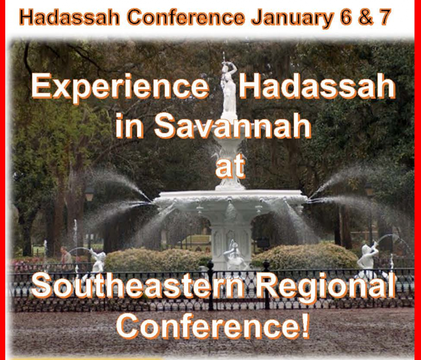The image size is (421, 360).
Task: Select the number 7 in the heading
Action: pyautogui.click(x=383, y=17)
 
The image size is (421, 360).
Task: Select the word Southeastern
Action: pyautogui.click(x=135, y=287)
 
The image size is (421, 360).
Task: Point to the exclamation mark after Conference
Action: pyautogui.click(x=304, y=325)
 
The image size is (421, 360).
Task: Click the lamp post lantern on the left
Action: pyautogui.click(x=89, y=194)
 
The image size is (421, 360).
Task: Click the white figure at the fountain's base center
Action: pyautogui.click(x=233, y=255)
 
